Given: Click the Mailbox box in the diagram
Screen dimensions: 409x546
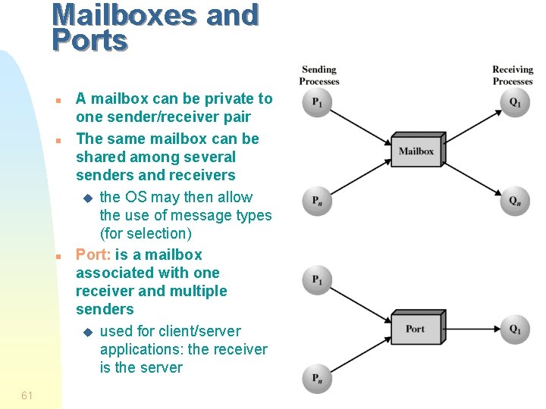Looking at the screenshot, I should pos(416,151).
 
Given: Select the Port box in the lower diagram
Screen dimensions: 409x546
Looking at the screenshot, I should pos(415,329).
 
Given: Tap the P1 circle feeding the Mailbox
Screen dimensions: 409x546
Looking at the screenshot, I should pos(317,103).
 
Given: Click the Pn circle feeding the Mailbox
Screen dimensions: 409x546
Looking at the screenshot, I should pos(317,201).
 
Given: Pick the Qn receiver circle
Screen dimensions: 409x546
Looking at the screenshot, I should pos(516,201).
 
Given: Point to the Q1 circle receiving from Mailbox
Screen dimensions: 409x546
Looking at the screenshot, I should pos(516,103).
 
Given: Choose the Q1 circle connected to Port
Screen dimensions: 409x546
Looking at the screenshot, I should pos(516,329).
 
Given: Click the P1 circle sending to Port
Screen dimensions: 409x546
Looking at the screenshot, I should pos(317,280).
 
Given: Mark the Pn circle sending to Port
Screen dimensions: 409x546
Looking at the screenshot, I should pos(317,378).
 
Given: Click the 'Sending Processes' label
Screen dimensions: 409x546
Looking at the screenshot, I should pos(319,76).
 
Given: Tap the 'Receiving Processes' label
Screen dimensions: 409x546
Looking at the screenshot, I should pos(513,76).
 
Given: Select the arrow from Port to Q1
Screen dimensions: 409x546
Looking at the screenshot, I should pos(470,329).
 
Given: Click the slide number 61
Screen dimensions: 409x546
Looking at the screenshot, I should pos(27,395).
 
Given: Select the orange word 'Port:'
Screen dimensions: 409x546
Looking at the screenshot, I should pos(93,254).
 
